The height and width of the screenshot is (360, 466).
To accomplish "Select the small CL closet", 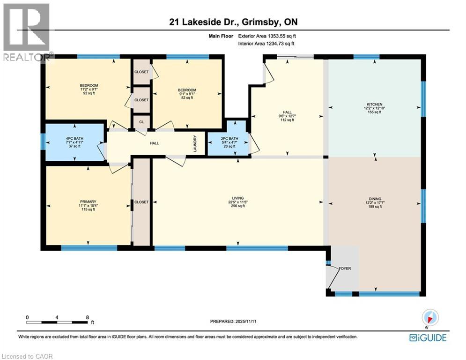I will [x=141, y=121].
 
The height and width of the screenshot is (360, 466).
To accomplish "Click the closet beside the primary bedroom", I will [x=141, y=202].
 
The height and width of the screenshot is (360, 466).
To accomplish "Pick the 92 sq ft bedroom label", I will [x=89, y=89].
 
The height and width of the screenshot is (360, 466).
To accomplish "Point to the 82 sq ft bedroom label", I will [x=187, y=93].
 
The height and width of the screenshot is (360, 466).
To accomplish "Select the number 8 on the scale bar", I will [x=88, y=317].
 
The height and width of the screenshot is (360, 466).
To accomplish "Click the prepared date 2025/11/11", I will [x=233, y=321].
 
